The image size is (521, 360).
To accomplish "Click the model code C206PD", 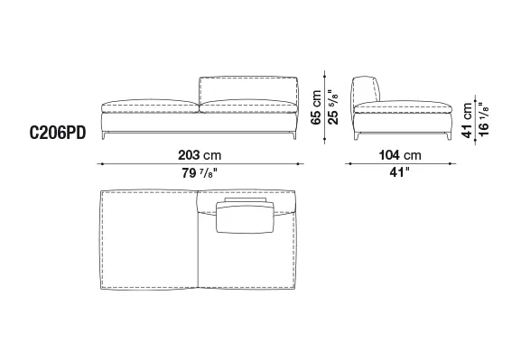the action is point(58,134).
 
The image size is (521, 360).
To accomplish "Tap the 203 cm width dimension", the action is point(200,155).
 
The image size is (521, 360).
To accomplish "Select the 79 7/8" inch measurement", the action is point(200,172).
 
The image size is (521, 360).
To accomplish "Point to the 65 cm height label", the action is point(316,107).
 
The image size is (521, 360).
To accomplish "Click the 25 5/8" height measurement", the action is point(332,107).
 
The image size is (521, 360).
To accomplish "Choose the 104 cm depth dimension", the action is point(400,155).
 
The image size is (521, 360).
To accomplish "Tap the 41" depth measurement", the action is point(399,172).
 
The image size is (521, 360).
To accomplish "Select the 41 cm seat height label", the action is point(467,120).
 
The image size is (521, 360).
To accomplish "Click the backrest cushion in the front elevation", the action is point(248,89).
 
